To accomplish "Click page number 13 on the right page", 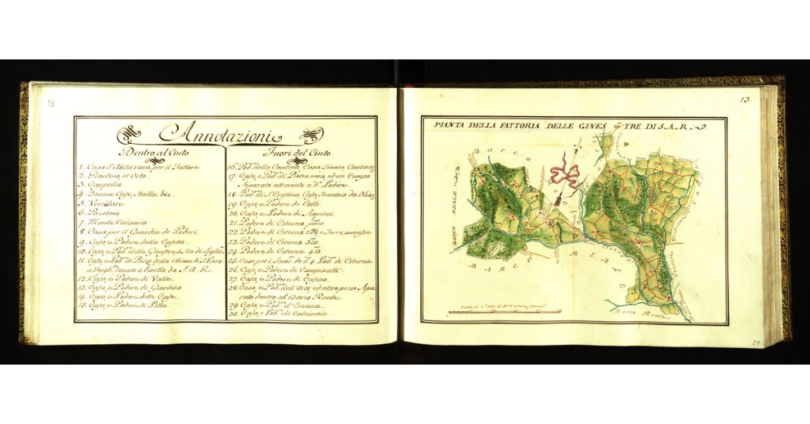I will click(x=745, y=99).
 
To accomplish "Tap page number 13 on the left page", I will click(x=51, y=103).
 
